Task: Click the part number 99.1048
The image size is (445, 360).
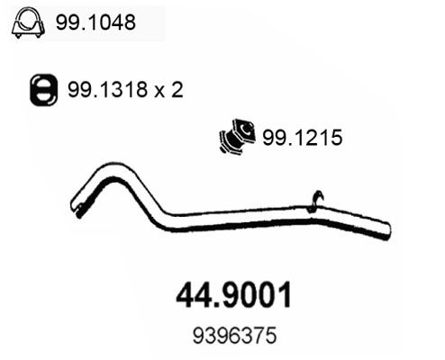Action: pos(95,22)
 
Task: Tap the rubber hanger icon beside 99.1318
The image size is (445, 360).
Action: pos(43,90)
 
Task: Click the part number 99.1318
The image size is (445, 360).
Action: pos(107,89)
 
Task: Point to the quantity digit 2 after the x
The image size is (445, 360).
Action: pos(177,89)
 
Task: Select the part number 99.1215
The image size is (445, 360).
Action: pos(303,138)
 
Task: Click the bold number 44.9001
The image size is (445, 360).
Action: pos(233,295)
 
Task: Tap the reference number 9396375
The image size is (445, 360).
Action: pos(234,336)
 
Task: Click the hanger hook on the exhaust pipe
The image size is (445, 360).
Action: pos(316,201)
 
